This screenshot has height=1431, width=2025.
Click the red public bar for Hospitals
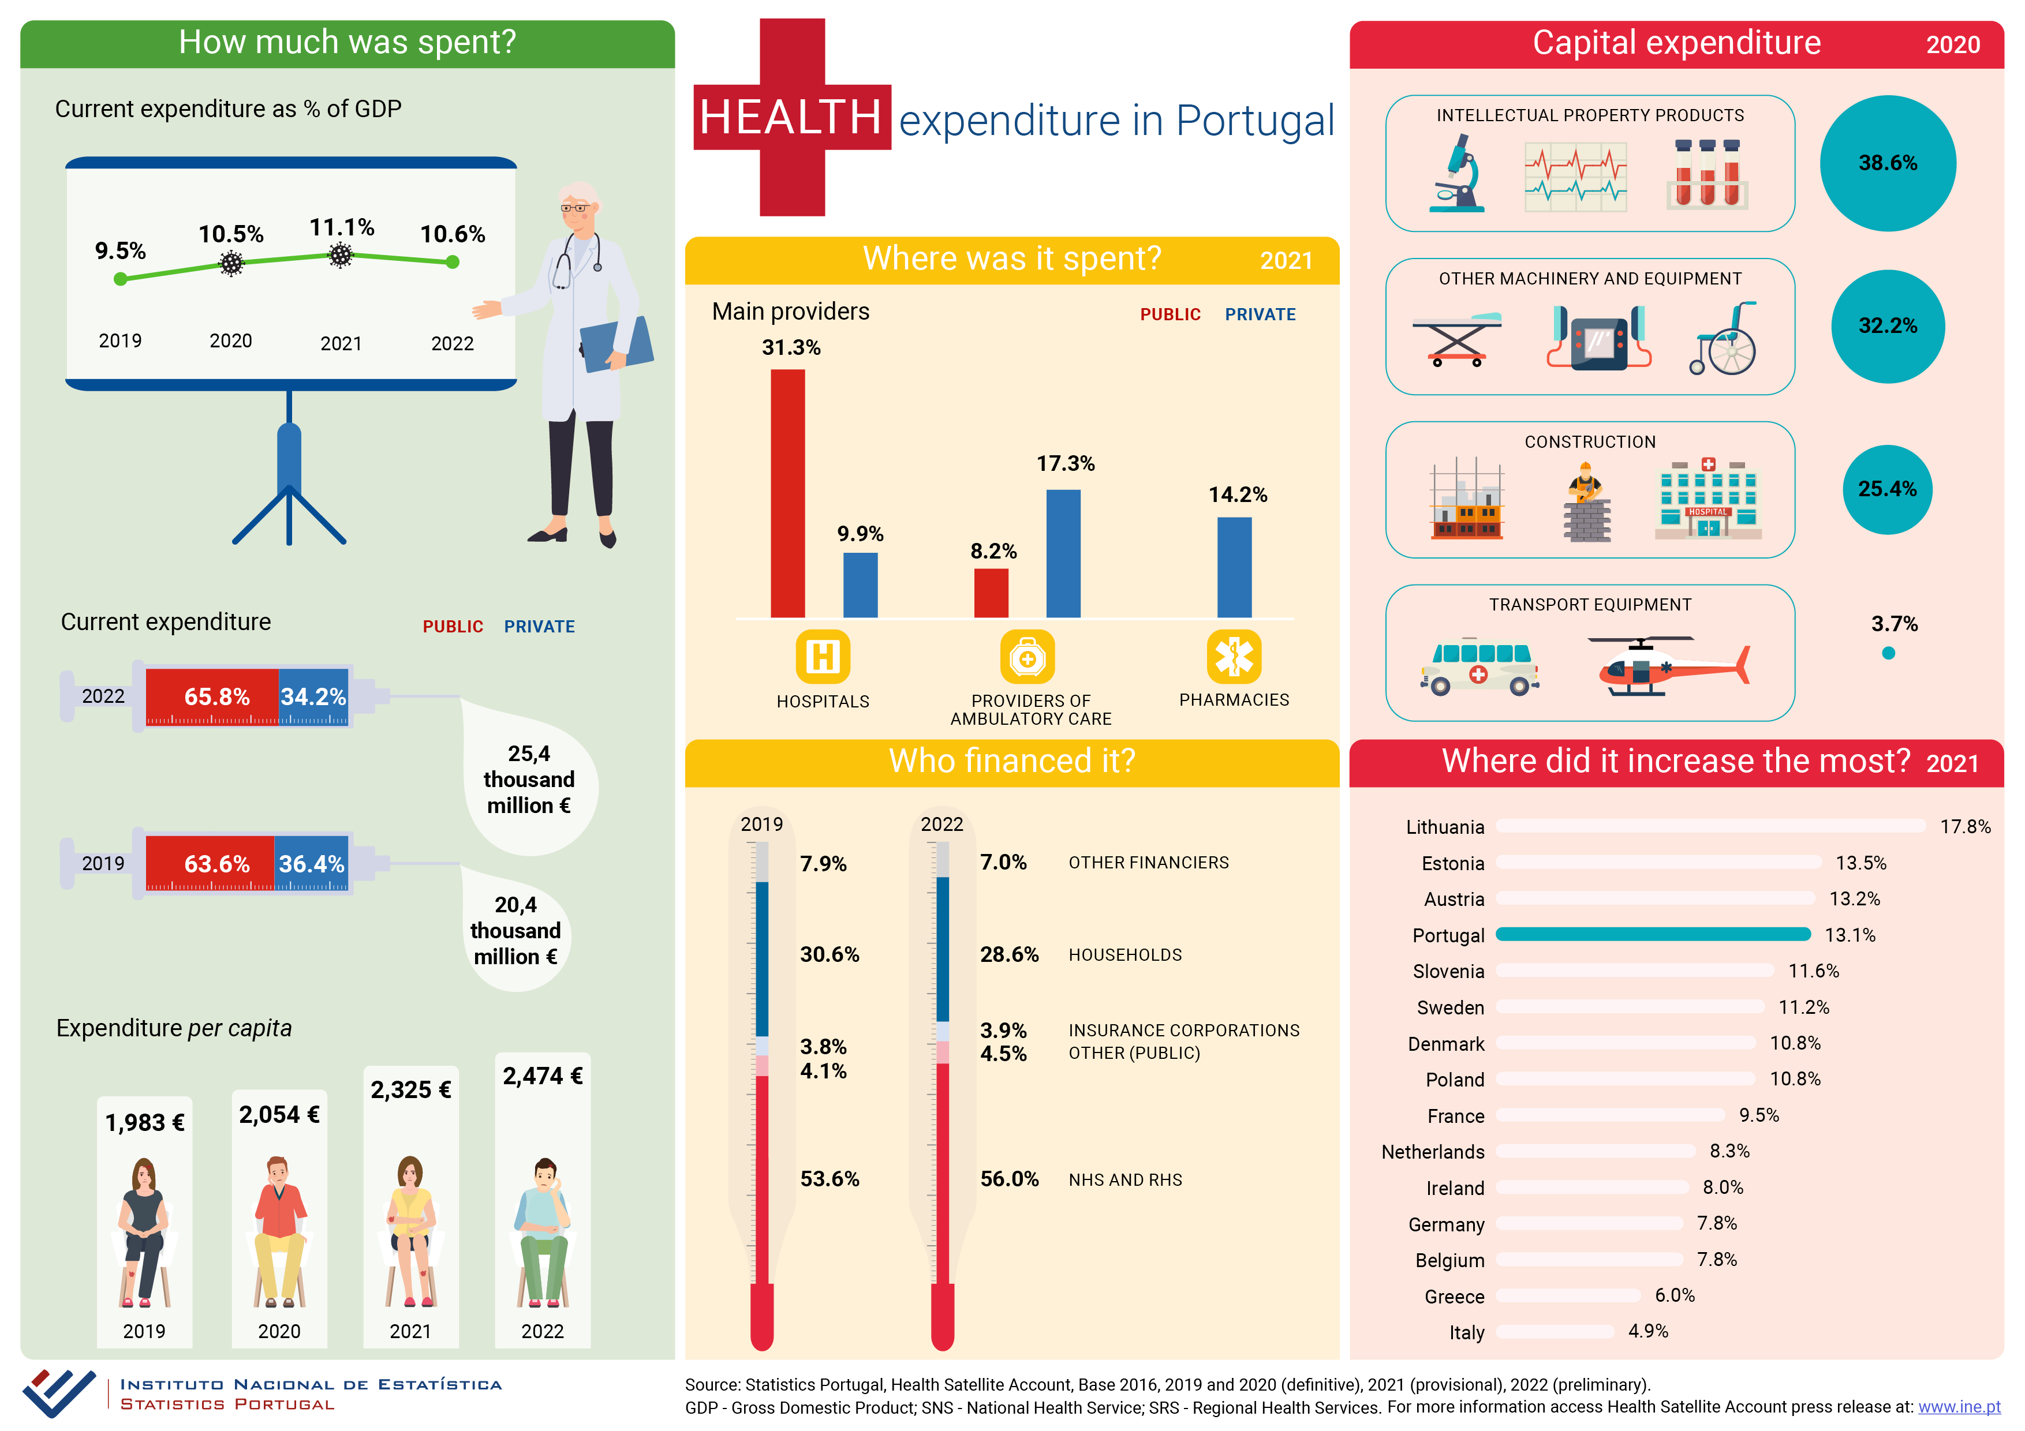pyautogui.click(x=787, y=494)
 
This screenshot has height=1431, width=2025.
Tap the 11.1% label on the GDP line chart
pyautogui.click(x=341, y=227)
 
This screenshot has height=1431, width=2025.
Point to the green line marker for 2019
pyautogui.click(x=121, y=279)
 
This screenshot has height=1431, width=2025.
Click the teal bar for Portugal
pyautogui.click(x=1652, y=935)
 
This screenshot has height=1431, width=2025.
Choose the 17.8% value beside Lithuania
pyautogui.click(x=1964, y=827)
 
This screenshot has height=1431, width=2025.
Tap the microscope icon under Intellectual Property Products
pyautogui.click(x=1457, y=174)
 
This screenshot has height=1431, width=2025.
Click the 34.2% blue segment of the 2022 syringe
pyautogui.click(x=313, y=696)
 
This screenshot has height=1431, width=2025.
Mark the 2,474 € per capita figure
pyautogui.click(x=543, y=1076)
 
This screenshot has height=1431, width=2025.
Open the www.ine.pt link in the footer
pyautogui.click(x=1958, y=1407)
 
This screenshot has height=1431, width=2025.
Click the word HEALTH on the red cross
pyautogui.click(x=790, y=117)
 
